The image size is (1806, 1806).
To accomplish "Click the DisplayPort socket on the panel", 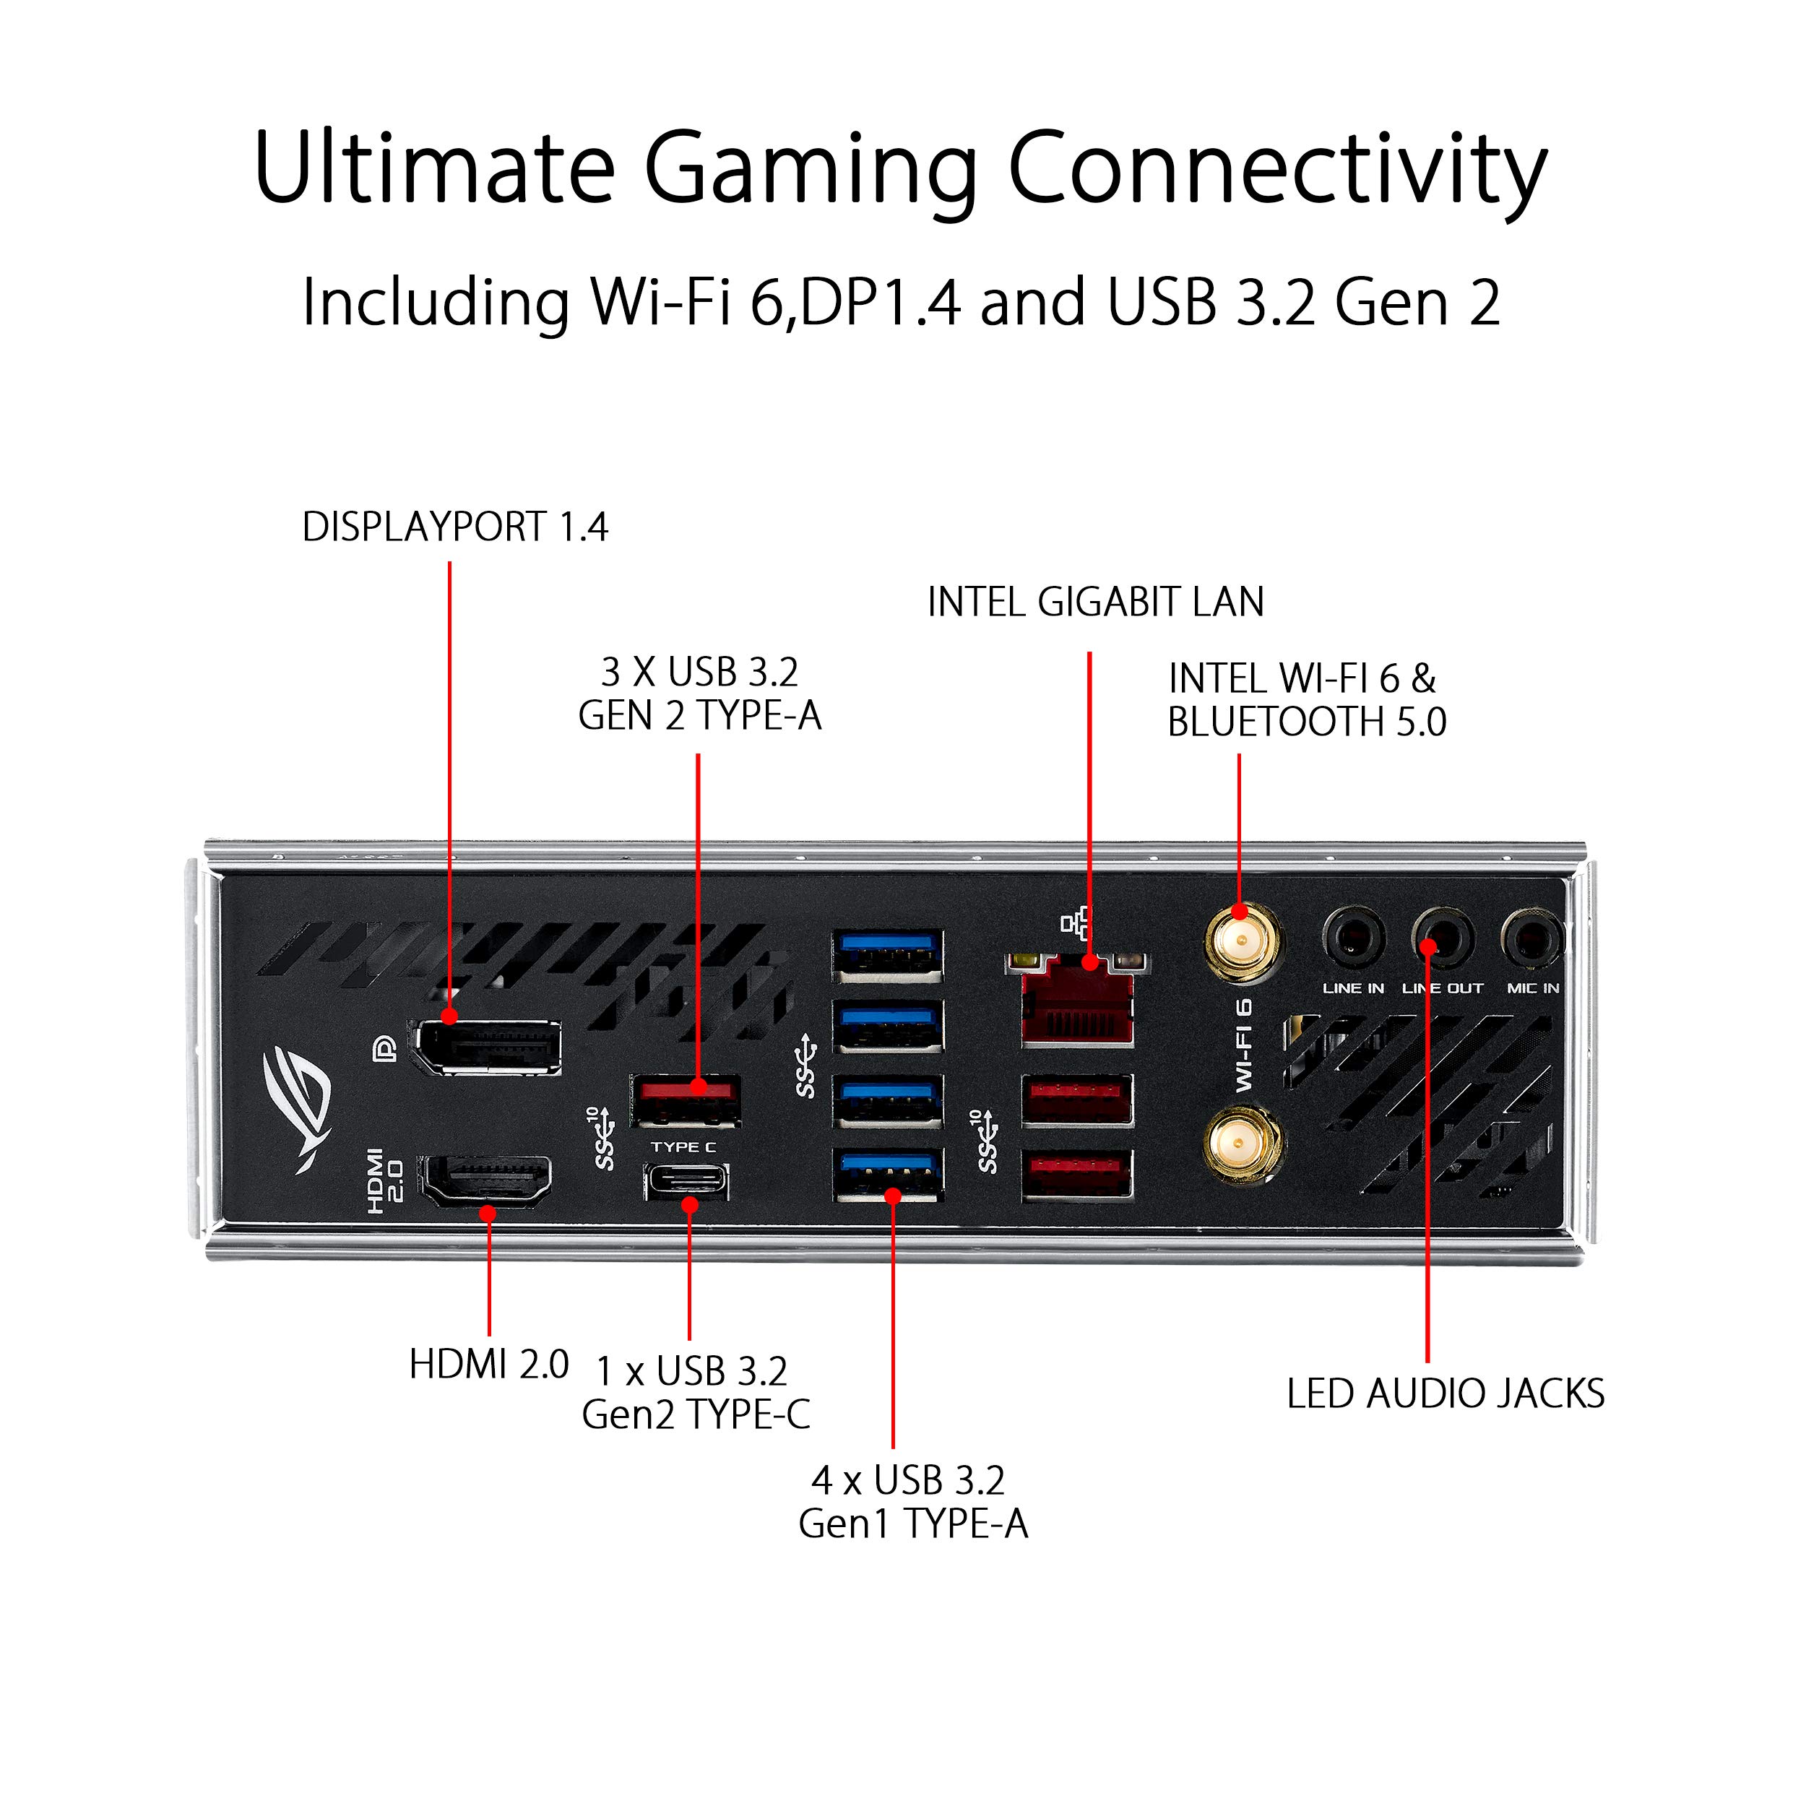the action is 487,1046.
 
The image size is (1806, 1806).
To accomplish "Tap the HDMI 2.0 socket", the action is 484,1183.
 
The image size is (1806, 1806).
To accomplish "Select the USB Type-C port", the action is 687,1183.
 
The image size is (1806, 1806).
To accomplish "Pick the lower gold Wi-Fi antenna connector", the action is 1243,1145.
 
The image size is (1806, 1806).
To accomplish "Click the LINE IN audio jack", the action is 1354,938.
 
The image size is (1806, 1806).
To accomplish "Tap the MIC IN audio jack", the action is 1532,938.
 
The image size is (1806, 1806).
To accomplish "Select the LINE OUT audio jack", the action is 1443,938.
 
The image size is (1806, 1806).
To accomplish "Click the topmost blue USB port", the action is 887,955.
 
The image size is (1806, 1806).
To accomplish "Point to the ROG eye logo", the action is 299,1109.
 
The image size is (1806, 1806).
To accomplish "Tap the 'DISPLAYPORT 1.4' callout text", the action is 455,527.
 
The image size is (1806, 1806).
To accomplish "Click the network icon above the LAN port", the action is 1076,925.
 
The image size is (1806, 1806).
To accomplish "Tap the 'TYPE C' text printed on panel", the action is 684,1147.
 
